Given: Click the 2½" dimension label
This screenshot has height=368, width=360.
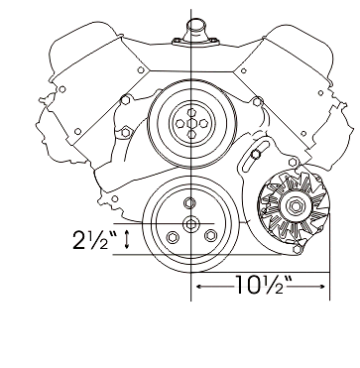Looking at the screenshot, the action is pyautogui.click(x=95, y=240).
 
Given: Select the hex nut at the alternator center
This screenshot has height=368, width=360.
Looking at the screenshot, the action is pyautogui.click(x=294, y=206).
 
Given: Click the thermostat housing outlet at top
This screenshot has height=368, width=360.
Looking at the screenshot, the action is pyautogui.click(x=196, y=27).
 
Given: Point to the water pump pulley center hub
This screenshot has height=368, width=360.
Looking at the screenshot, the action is pyautogui.click(x=191, y=124).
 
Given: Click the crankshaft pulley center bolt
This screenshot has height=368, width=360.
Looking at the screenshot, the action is pyautogui.click(x=190, y=224).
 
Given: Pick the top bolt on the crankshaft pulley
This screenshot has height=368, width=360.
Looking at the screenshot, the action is pyautogui.click(x=189, y=203).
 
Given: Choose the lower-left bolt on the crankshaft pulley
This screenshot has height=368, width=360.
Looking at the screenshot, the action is pyautogui.click(x=172, y=237).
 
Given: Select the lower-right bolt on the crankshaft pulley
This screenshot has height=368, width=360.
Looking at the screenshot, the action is pyautogui.click(x=210, y=235).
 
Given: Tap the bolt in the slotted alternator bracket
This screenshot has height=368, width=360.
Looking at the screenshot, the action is pyautogui.click(x=255, y=154).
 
